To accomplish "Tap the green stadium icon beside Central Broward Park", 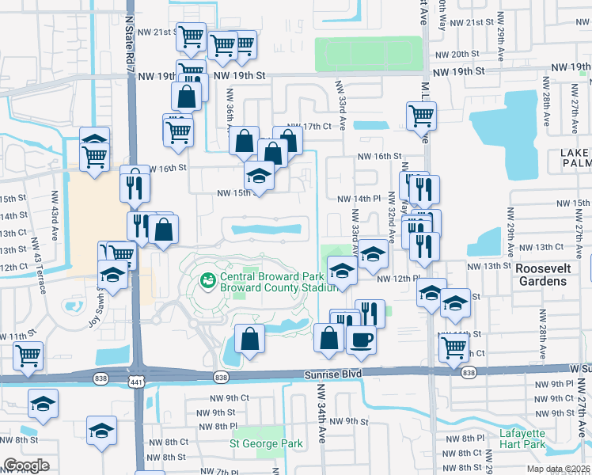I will (x=207, y=279).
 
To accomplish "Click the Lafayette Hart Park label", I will (x=522, y=438).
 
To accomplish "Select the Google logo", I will (x=27, y=465).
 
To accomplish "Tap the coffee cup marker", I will (x=362, y=340).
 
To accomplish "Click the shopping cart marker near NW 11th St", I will (x=28, y=356).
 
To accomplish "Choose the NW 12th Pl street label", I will (x=395, y=279).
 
